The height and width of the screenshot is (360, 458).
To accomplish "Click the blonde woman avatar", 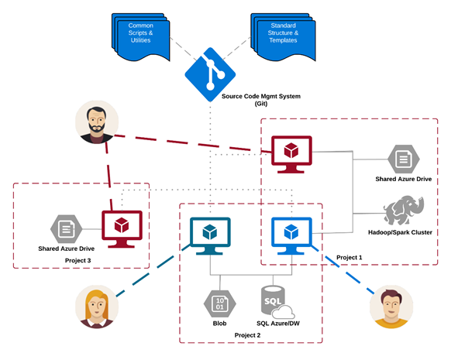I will pyautogui.click(x=97, y=307).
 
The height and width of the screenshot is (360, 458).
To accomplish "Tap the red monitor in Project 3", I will pyautogui.click(x=122, y=228).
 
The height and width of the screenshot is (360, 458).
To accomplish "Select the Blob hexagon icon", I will pyautogui.click(x=219, y=302).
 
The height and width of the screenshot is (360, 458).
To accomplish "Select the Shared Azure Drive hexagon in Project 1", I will pyautogui.click(x=403, y=159).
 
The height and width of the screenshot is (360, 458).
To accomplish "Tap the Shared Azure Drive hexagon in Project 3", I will pyautogui.click(x=66, y=228).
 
